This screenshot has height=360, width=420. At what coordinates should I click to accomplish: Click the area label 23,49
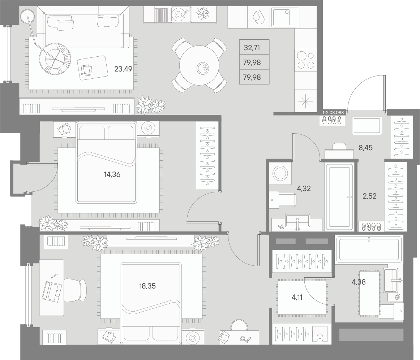123,69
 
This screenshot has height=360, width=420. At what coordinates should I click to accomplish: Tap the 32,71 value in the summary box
252,48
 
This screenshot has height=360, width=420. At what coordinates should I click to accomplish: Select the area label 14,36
112,174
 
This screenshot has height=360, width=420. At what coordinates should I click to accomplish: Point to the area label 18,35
147,286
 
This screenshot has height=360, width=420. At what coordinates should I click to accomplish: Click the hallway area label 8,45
366,148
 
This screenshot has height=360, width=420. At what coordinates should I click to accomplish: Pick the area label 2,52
370,196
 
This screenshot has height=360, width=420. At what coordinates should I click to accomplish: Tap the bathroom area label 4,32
304,188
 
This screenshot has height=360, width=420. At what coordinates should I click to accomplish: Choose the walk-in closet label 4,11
297,297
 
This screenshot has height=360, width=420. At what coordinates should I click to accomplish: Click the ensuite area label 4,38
359,282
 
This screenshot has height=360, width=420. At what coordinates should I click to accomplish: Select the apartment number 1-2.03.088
333,113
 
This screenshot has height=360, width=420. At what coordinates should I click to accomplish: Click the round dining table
199,66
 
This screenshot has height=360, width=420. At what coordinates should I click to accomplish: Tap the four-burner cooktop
306,60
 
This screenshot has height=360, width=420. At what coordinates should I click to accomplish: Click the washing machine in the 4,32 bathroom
280,173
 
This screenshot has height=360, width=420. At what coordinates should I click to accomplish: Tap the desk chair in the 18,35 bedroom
75,290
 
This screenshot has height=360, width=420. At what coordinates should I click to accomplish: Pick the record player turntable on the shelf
181,14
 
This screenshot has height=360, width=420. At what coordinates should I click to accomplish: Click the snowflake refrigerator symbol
306,101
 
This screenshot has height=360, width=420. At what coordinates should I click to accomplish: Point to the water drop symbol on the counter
259,17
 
